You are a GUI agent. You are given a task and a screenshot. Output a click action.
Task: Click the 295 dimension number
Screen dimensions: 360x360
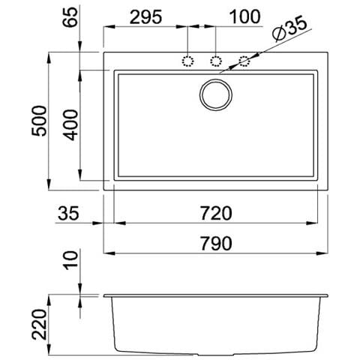[x=146, y=17]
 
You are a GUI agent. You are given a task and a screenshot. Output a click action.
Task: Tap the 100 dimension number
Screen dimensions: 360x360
[x=245, y=16]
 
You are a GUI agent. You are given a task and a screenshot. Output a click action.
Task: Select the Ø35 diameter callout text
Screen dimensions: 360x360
[x=289, y=28]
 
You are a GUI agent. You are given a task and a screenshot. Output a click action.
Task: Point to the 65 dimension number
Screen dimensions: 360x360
[x=70, y=17]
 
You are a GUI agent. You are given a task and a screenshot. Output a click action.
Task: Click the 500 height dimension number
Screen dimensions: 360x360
[x=39, y=121]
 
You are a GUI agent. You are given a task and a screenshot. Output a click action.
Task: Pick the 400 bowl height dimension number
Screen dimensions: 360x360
[x=70, y=125]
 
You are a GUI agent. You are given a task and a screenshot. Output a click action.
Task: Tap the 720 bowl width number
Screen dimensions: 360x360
[x=216, y=213]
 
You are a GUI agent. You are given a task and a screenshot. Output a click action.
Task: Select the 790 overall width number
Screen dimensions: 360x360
[x=216, y=243]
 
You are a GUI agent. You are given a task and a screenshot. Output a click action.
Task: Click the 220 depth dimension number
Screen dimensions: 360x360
[x=39, y=325]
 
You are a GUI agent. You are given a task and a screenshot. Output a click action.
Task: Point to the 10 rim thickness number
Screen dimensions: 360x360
[x=70, y=260]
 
